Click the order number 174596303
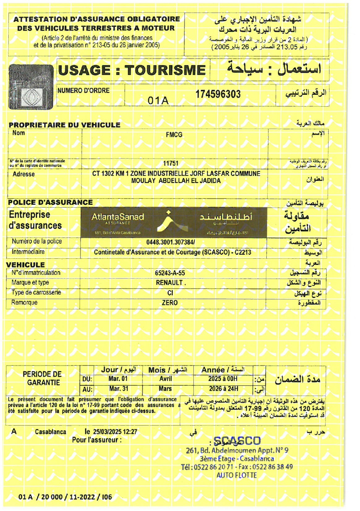[218, 94]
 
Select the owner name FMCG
[174, 134]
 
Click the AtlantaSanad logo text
[118, 217]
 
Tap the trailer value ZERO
[169, 303]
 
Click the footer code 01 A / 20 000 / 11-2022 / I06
[65, 497]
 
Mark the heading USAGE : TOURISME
[132, 70]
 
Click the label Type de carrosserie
[36, 293]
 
